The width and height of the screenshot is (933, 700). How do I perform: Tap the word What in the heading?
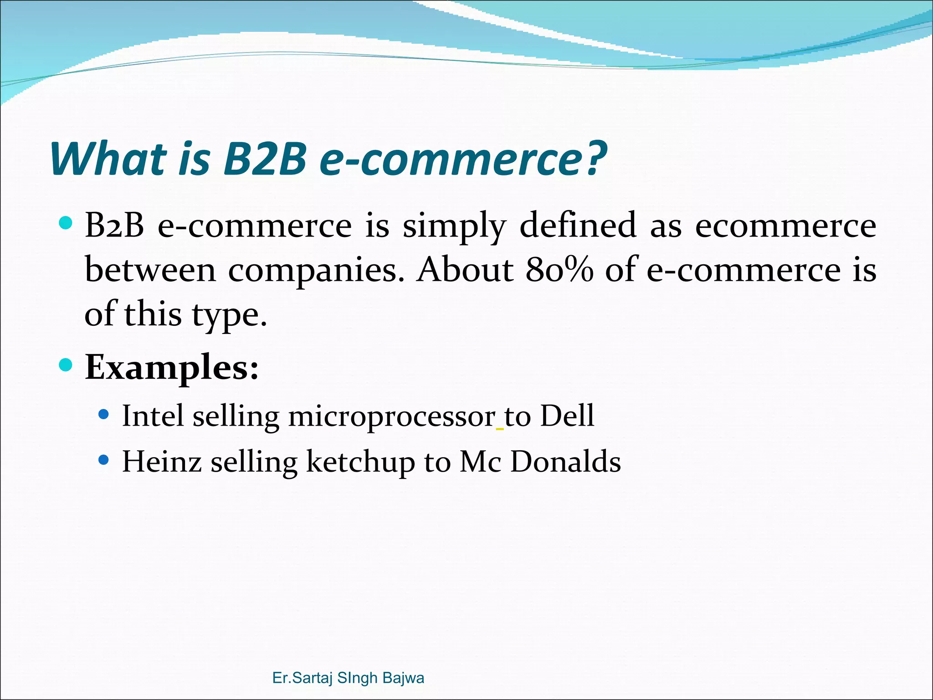point(108,159)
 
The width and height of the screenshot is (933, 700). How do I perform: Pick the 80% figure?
point(559,270)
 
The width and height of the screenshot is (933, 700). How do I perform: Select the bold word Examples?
point(172,367)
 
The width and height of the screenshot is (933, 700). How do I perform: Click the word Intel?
point(153,416)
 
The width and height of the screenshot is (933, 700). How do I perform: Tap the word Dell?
point(567,416)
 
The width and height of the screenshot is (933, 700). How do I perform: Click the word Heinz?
point(162,461)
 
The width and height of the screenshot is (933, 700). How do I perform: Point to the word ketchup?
point(360,462)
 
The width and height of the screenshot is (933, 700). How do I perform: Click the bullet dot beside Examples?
point(66,365)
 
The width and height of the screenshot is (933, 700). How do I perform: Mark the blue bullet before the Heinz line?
point(104,460)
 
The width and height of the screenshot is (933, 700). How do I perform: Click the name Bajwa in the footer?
point(403,678)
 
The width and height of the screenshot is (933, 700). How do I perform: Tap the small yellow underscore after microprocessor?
point(500,429)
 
